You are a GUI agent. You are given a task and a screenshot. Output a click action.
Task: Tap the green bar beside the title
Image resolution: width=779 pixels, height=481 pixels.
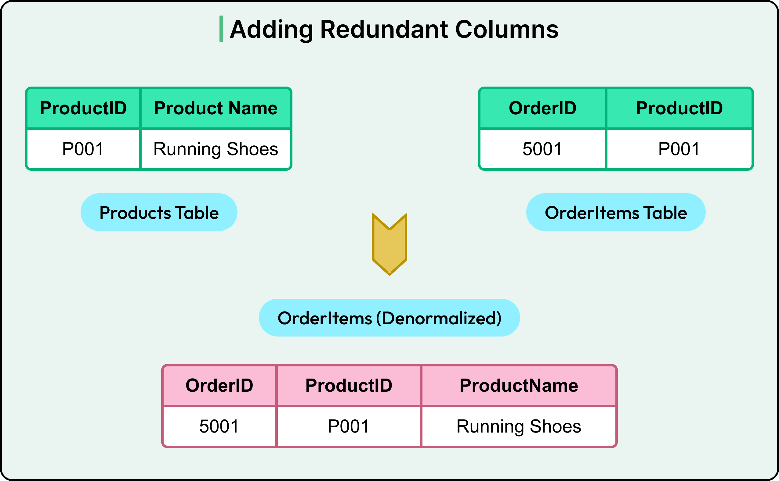(x=221, y=29)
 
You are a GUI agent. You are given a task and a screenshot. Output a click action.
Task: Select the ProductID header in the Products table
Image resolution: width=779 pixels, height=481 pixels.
(x=83, y=108)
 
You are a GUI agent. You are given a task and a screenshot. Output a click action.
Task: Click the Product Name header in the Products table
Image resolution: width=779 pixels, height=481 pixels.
(x=216, y=108)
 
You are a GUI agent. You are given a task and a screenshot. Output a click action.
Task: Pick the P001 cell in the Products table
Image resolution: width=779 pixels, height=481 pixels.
(x=83, y=149)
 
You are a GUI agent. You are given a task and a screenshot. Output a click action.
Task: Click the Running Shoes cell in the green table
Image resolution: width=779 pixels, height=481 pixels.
(x=216, y=149)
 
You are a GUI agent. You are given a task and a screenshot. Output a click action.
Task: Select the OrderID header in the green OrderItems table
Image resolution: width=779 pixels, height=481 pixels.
(x=542, y=108)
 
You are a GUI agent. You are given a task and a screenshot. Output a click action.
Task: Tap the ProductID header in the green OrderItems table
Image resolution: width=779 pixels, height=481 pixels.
(x=679, y=108)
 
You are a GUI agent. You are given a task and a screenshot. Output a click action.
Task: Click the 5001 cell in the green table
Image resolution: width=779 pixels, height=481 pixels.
(x=542, y=149)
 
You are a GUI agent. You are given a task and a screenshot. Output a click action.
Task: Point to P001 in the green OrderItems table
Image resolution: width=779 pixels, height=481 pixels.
(x=679, y=149)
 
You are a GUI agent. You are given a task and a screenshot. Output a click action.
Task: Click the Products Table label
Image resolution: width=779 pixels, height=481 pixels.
(x=159, y=212)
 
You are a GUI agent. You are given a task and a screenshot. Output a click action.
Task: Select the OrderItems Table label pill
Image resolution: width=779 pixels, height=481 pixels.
(x=616, y=212)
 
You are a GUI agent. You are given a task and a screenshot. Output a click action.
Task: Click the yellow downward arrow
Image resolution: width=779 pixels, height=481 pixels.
(x=389, y=245)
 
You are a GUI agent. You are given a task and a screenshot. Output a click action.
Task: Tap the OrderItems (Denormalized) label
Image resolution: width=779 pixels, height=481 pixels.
(x=389, y=318)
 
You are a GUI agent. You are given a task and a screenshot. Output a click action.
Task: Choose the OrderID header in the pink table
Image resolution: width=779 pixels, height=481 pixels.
(x=219, y=386)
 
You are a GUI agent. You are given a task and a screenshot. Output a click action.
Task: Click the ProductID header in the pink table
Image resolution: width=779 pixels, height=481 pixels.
(x=348, y=386)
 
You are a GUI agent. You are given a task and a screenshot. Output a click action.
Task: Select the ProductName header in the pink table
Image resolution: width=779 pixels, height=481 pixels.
(x=519, y=386)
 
